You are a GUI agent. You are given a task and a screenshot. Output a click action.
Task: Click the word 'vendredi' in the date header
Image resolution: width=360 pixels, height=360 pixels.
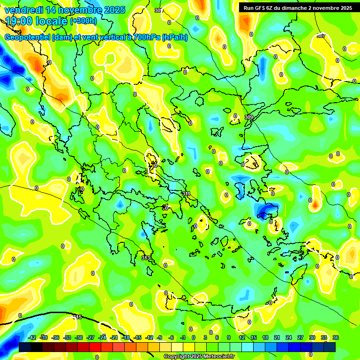pos(23,10)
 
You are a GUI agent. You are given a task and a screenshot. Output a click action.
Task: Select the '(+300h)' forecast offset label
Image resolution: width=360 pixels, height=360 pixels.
pos(83,21)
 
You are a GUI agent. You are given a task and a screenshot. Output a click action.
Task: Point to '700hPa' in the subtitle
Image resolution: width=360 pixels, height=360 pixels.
pos(146,37)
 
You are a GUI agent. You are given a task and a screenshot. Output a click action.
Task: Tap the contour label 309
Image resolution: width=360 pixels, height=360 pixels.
pos(249,117)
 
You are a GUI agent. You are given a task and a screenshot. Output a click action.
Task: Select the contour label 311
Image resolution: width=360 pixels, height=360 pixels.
pos(186,194)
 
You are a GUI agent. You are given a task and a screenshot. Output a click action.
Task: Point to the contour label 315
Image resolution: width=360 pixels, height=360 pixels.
pos(78,317)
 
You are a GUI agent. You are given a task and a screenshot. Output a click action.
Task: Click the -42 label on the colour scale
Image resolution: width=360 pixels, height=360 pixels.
pos(32,337)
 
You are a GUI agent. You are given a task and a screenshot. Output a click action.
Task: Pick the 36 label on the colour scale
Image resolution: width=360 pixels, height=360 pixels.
pos(335,337)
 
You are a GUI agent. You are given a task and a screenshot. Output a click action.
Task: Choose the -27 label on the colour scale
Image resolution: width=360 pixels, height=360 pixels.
pos(90,337)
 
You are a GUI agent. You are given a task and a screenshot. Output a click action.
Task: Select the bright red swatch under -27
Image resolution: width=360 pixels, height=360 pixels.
pos(96,347)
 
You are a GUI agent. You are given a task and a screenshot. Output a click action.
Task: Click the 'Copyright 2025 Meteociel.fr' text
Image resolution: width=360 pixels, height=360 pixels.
pos(199,356)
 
